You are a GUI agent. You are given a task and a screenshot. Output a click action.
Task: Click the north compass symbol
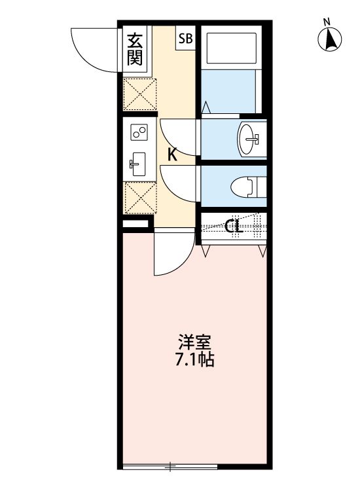[331, 41]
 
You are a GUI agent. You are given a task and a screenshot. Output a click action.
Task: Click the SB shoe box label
[185, 39]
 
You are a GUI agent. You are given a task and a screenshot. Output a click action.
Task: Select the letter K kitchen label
[172, 155]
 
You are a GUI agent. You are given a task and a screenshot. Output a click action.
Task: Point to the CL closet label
[234, 227]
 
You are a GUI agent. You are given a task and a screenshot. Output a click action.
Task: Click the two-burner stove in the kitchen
[138, 133]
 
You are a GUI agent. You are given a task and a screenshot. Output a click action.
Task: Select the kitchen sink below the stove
[137, 164]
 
